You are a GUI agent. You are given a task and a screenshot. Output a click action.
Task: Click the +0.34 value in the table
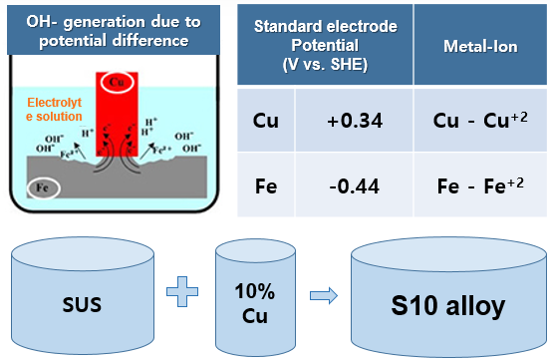tap(355, 121)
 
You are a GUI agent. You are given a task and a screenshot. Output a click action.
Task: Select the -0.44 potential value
tap(355, 186)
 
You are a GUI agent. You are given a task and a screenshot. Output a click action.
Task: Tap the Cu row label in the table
tap(266, 121)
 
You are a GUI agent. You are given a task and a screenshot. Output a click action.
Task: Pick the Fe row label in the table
tap(266, 186)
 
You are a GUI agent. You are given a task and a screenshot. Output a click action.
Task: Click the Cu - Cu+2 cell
tap(480, 120)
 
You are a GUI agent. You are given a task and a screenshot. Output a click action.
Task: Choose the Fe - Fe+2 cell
tap(480, 185)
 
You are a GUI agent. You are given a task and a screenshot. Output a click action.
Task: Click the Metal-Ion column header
tap(480, 46)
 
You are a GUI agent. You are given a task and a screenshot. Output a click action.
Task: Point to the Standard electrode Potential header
tap(325, 45)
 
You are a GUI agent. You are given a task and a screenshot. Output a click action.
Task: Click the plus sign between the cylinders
tap(182, 291)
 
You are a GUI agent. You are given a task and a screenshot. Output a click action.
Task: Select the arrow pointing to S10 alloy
tap(324, 295)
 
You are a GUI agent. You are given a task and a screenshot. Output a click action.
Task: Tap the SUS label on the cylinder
tap(82, 304)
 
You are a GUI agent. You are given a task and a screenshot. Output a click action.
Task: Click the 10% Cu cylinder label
tap(255, 303)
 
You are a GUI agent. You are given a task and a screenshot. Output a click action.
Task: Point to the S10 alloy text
tap(448, 306)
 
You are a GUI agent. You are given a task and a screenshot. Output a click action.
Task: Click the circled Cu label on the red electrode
tap(117, 82)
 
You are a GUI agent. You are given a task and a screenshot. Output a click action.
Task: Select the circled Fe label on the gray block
tap(43, 188)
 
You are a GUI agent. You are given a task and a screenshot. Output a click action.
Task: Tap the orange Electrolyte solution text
tap(54, 110)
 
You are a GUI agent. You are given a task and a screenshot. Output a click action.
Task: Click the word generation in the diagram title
tap(105, 22)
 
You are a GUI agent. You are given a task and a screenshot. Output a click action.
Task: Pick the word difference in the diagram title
tap(150, 41)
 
